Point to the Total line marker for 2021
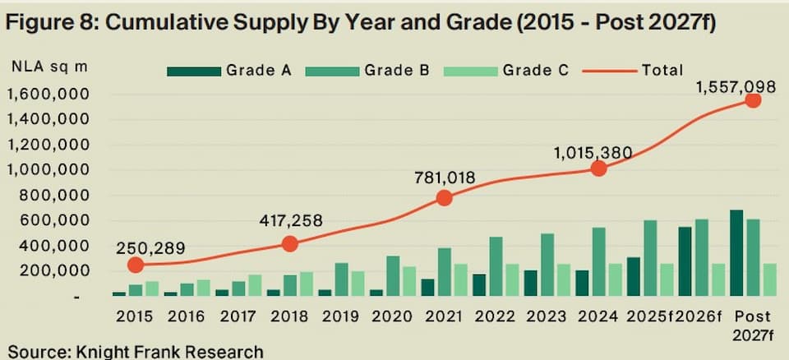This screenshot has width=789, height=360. (x=444, y=197)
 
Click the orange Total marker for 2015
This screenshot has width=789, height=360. (x=136, y=265)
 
